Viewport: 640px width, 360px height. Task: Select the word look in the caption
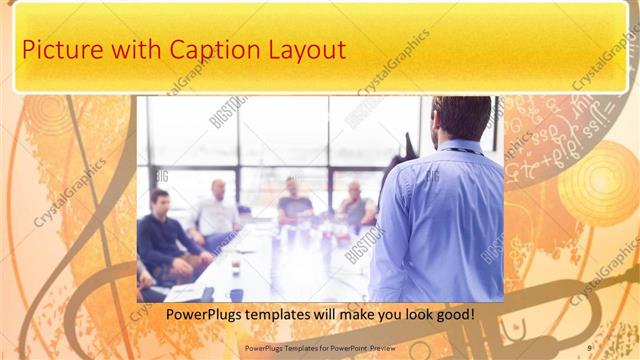pyautogui.click(x=404, y=315)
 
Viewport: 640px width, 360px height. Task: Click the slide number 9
pyautogui.click(x=589, y=348)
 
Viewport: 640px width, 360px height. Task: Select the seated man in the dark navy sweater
pyautogui.click(x=165, y=240)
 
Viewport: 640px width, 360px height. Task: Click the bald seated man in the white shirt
pyautogui.click(x=217, y=212)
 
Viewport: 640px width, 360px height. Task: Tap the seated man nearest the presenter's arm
pyautogui.click(x=356, y=205)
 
